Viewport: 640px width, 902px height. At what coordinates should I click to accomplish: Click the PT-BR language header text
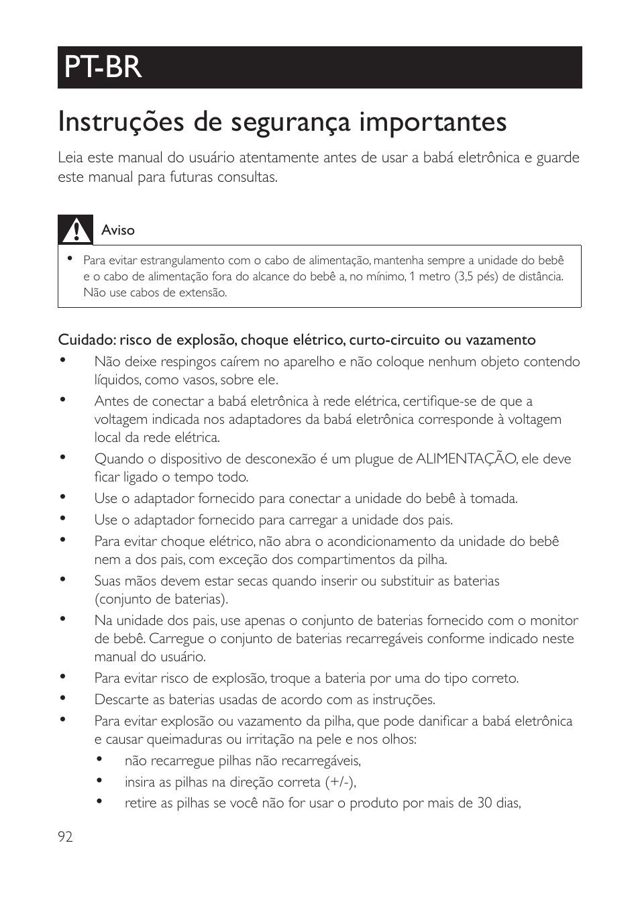click(x=103, y=67)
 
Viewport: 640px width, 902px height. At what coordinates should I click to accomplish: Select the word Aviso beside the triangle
click(x=118, y=230)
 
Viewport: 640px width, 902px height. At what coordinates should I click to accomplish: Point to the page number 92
click(x=65, y=836)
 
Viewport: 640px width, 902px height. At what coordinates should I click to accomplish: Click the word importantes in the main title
click(x=432, y=123)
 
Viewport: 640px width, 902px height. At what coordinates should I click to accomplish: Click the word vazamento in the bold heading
click(x=504, y=340)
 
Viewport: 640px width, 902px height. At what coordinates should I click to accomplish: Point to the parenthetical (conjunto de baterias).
click(x=161, y=599)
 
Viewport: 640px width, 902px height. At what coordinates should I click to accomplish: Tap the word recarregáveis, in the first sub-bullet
click(x=321, y=760)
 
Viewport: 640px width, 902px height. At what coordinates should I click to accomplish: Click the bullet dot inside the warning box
click(x=69, y=258)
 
